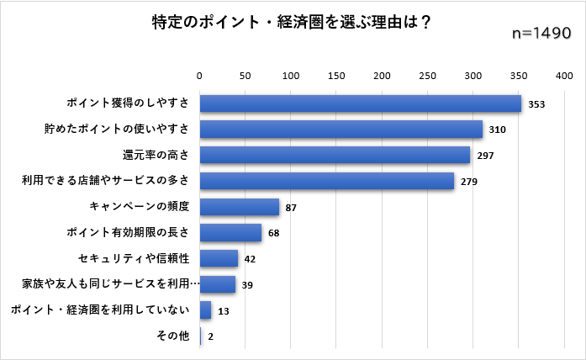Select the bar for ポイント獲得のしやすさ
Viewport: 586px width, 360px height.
click(x=360, y=103)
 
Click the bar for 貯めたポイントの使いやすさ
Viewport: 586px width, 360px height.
click(x=341, y=130)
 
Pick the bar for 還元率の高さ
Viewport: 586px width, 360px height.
click(x=335, y=155)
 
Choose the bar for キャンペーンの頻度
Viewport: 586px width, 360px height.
click(x=239, y=207)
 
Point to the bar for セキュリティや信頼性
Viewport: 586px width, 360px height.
click(x=219, y=259)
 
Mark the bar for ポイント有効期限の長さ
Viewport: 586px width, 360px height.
click(x=230, y=233)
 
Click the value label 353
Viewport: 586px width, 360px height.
click(x=537, y=104)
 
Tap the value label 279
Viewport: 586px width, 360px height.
click(x=469, y=182)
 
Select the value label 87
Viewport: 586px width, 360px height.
click(x=292, y=208)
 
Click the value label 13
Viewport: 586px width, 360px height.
click(x=223, y=311)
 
